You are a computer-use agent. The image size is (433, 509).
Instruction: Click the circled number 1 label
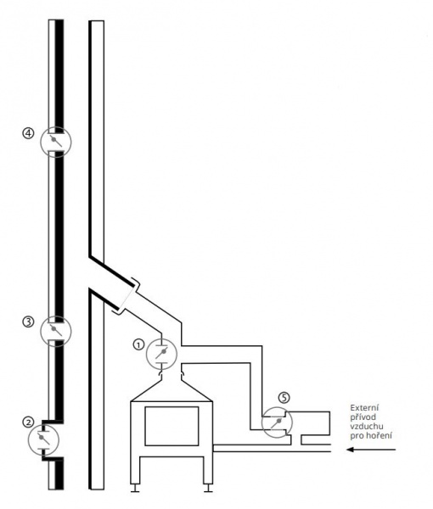[138, 344]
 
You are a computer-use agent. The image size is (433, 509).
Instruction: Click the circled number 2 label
[28, 422]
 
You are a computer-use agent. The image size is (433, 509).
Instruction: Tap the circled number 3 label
[28, 322]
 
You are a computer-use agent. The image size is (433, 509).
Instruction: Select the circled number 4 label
[28, 133]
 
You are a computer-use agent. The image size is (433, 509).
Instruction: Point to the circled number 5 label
[284, 398]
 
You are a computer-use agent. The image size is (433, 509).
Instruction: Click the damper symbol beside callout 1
[161, 354]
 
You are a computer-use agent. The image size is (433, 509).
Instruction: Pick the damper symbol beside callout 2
[43, 439]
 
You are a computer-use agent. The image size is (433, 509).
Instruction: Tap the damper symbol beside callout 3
[55, 331]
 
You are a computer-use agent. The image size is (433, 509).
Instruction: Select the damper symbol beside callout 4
[55, 142]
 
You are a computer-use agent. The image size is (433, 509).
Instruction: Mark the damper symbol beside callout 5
[277, 422]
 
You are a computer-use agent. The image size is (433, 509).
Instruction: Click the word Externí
[364, 408]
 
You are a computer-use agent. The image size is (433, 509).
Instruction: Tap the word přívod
[363, 417]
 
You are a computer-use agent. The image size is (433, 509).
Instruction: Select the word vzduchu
[367, 426]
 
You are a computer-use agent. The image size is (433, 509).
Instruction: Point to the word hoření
[380, 435]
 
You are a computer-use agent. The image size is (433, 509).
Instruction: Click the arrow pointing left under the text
[371, 450]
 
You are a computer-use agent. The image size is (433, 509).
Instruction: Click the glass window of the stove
[172, 426]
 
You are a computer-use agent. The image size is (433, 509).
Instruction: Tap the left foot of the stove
[135, 489]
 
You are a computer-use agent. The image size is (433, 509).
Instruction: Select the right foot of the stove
[208, 489]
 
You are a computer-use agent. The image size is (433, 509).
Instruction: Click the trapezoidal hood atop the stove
[172, 389]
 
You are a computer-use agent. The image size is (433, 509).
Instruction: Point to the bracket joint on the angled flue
[127, 295]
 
